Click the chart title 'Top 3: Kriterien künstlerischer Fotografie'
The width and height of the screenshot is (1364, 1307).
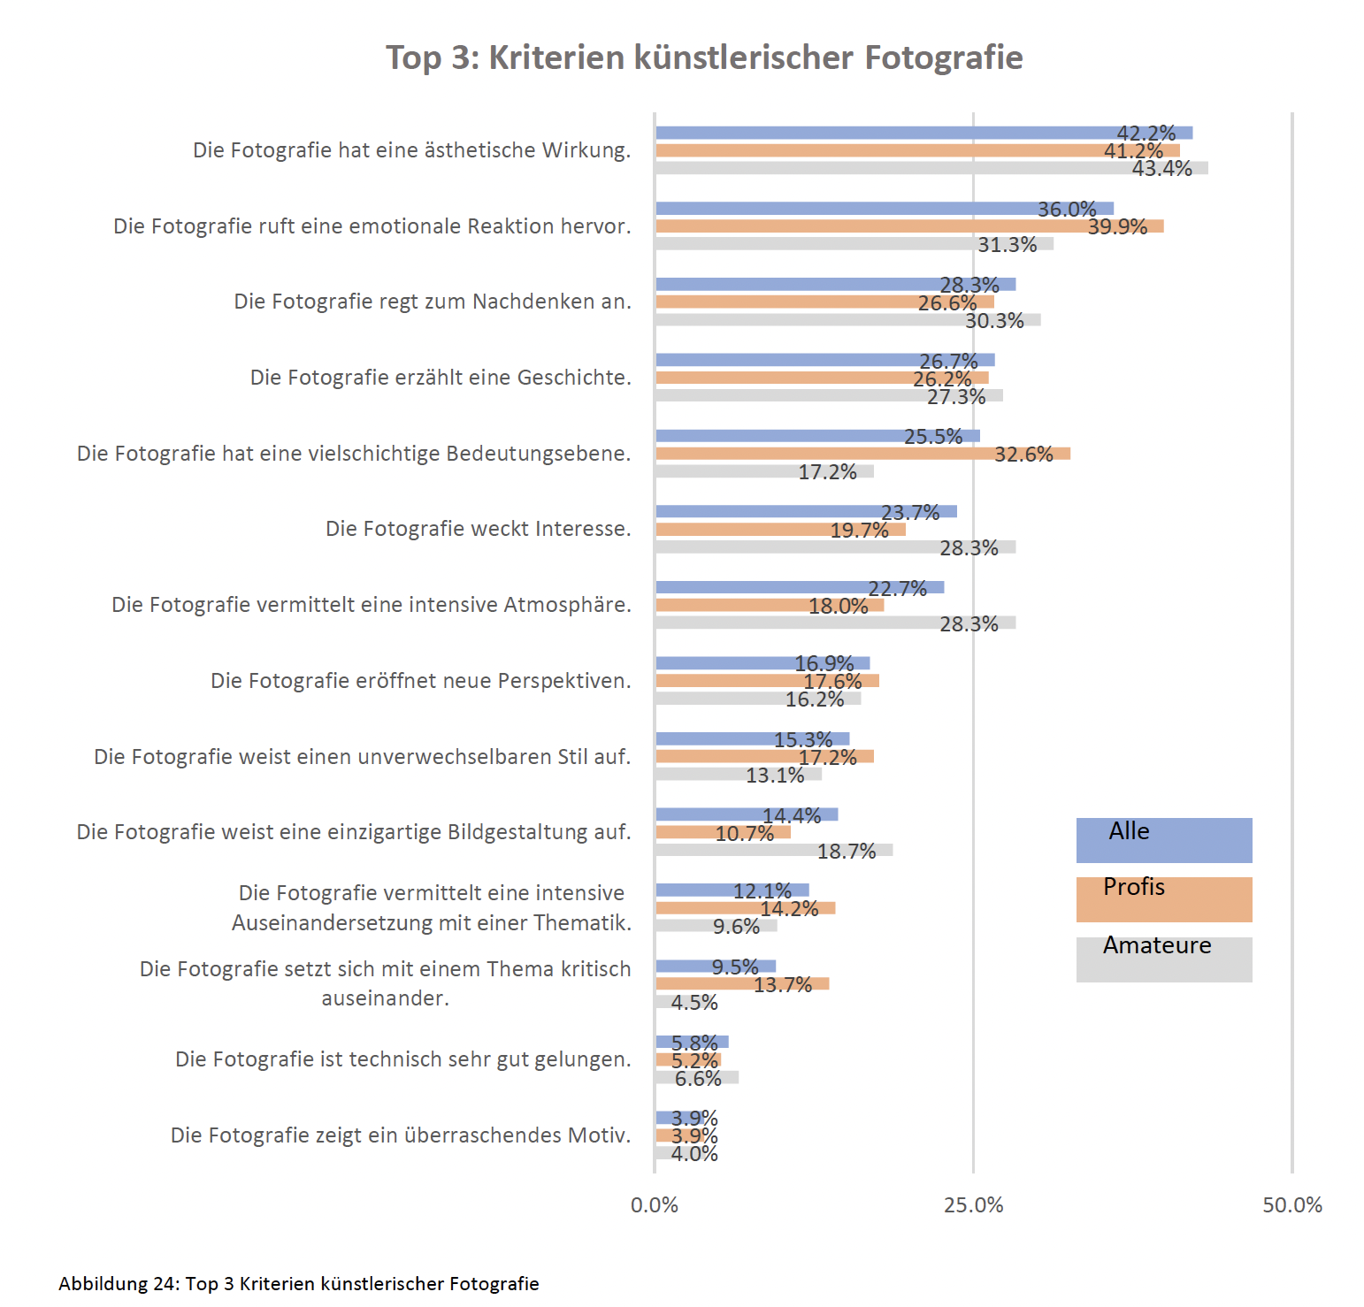[704, 57]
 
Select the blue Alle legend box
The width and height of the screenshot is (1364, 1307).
[1163, 840]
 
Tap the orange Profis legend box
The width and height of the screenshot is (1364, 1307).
[1163, 899]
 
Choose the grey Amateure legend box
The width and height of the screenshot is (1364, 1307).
[1163, 959]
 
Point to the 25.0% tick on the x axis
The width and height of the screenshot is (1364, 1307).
[973, 1205]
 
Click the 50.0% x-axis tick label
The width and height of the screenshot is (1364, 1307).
[1291, 1205]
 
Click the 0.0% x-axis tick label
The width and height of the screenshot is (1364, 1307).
[655, 1205]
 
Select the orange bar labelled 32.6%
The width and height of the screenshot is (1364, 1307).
[862, 454]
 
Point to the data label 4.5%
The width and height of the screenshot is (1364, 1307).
[694, 1003]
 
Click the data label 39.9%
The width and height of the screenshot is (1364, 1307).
[1117, 227]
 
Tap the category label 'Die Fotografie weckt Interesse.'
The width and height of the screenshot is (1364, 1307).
[478, 529]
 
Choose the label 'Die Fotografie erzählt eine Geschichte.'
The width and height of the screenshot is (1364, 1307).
[441, 378]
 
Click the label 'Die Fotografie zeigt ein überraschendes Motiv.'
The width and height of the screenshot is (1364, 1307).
[401, 1135]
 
